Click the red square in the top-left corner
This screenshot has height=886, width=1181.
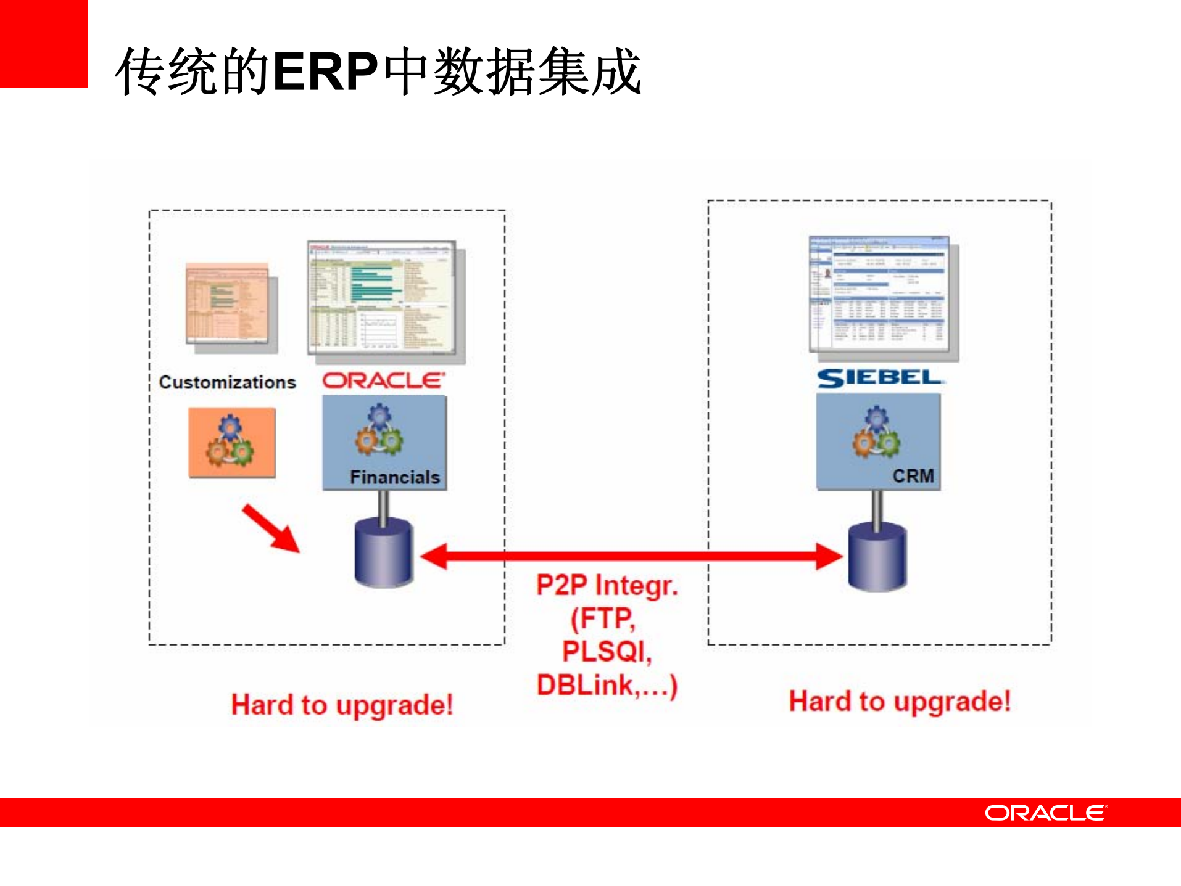43,43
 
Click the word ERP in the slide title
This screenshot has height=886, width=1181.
325,72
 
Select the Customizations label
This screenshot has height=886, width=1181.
227,382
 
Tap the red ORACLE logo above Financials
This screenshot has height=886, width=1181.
383,380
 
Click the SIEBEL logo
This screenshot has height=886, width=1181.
879,377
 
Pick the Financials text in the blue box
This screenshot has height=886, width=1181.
394,477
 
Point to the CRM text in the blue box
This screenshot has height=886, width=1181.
913,476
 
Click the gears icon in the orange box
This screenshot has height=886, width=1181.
230,441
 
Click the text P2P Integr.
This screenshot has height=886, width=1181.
607,585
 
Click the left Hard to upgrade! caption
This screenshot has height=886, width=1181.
342,705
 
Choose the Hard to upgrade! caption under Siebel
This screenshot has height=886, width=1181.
900,702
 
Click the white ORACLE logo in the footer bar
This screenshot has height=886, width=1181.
1045,813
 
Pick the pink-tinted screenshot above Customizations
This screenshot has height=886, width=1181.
228,303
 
